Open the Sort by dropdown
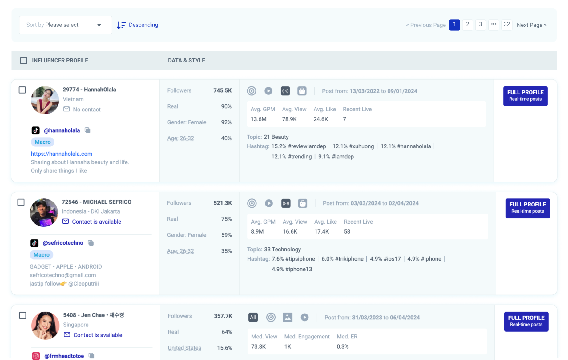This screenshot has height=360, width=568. click(65, 25)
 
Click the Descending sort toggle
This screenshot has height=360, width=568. click(138, 25)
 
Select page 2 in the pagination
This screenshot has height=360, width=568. click(467, 25)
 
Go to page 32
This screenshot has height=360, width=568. click(506, 25)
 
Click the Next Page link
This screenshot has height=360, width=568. click(531, 25)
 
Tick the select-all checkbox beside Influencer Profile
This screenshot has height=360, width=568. click(24, 61)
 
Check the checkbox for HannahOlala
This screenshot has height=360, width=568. click(22, 90)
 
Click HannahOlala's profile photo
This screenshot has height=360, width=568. click(45, 100)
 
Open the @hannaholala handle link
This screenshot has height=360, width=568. click(62, 130)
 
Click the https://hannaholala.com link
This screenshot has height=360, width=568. click(62, 154)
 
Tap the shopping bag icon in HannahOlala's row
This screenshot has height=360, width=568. click(302, 91)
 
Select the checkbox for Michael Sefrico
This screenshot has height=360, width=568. click(21, 202)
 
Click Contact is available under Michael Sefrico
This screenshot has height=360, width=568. click(96, 222)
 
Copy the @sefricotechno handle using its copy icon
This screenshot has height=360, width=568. click(91, 243)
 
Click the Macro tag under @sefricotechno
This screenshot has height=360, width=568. click(42, 255)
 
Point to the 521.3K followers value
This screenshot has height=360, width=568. click(223, 203)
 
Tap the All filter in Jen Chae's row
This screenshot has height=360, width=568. click(253, 318)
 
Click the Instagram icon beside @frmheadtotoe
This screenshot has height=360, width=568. click(36, 356)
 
